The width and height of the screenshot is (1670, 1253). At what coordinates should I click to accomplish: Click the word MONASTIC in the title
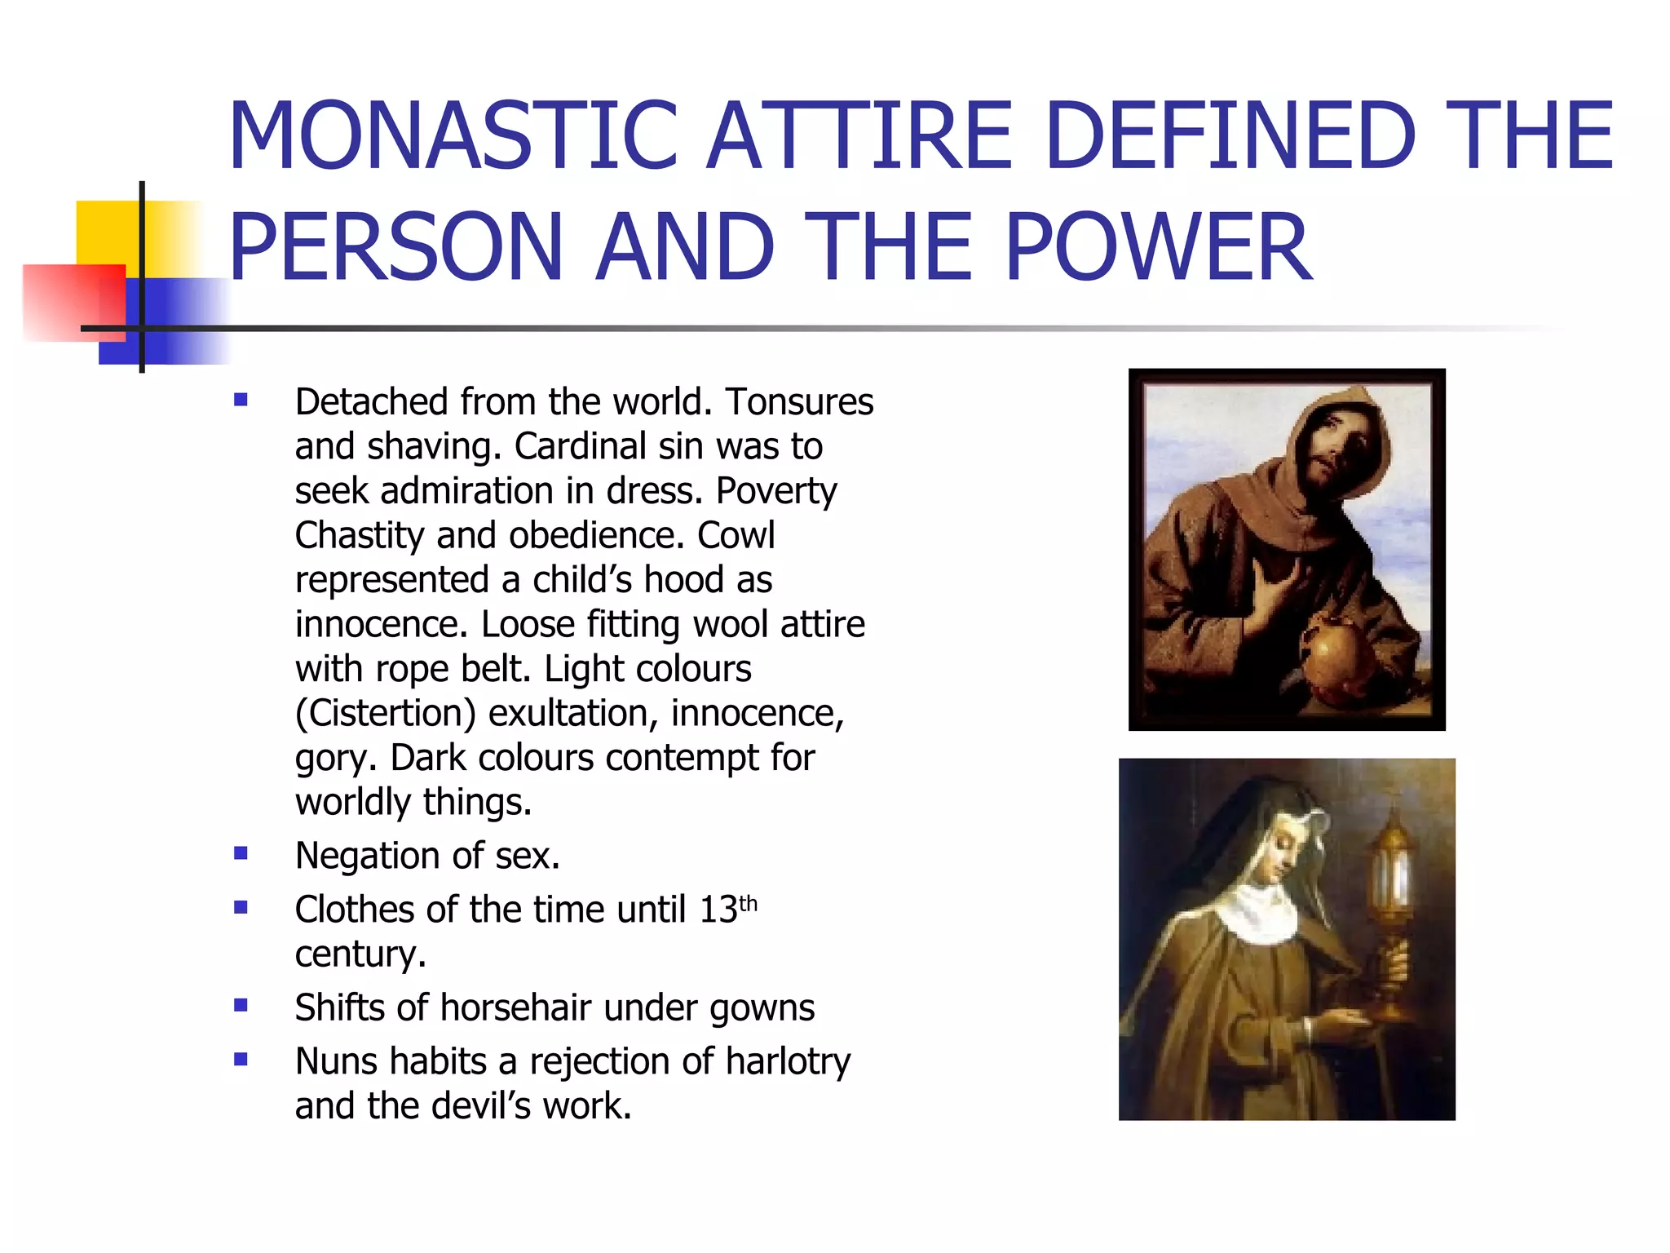click(453, 135)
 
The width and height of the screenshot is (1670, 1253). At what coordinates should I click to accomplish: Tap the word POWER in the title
click(1158, 246)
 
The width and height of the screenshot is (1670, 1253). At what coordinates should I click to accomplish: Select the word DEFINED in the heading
click(1230, 135)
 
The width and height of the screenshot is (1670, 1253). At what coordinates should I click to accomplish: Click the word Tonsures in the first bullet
click(799, 402)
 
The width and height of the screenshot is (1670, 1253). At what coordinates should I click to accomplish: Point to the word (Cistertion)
click(385, 714)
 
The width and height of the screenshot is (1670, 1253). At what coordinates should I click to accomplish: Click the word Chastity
click(360, 536)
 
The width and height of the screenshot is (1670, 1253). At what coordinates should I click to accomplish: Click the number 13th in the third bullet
click(728, 909)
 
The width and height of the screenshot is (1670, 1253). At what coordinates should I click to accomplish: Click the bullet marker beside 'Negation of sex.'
click(241, 854)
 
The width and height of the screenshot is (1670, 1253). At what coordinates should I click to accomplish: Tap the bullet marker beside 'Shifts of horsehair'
click(241, 1006)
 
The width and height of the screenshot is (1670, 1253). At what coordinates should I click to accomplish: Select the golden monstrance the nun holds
click(1394, 914)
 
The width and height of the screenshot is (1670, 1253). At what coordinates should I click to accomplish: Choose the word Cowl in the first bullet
click(735, 536)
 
